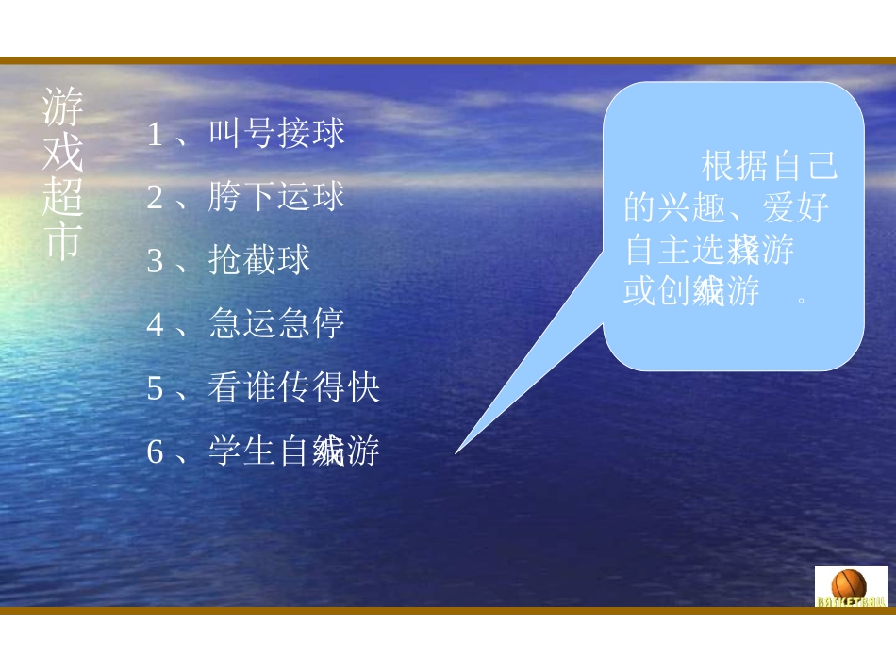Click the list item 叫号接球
[276, 134]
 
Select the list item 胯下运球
[276, 197]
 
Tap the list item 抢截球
[258, 261]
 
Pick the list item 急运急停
[276, 324]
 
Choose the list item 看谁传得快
[293, 388]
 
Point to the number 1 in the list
[155, 135]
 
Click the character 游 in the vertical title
[63, 107]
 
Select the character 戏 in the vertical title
[63, 154]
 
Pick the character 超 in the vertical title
[63, 198]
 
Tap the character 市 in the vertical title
[63, 242]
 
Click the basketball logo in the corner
[851, 586]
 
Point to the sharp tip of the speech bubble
[457, 451]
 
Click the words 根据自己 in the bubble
[770, 166]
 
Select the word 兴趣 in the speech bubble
[691, 207]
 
